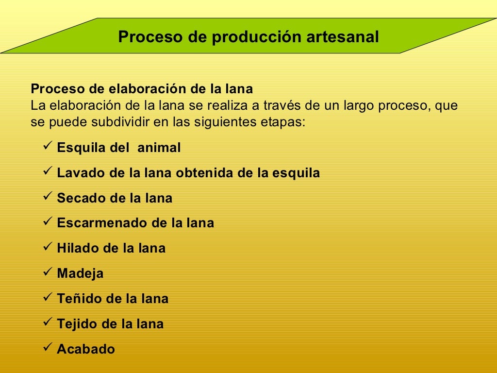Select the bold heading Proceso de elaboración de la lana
click(x=142, y=89)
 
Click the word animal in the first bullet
click(x=159, y=148)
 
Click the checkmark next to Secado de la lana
click(x=47, y=196)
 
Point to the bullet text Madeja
click(x=80, y=274)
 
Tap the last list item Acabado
click(x=86, y=349)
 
